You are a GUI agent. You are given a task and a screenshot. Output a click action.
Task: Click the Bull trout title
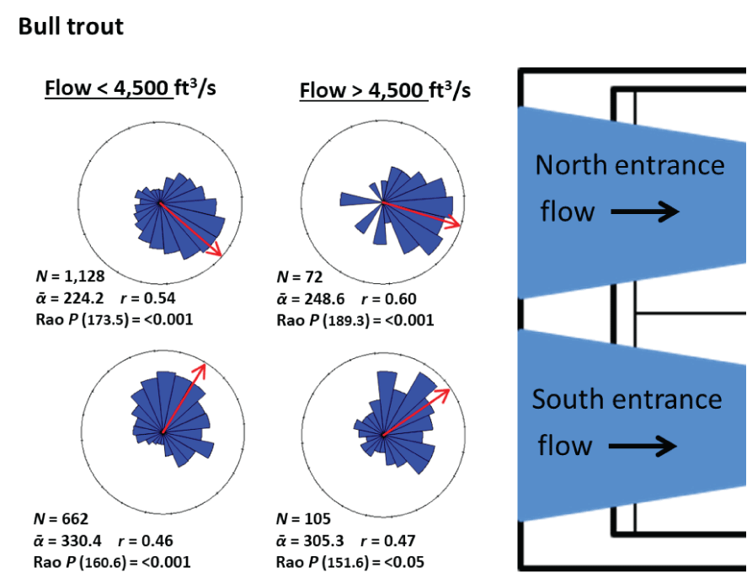[71, 26]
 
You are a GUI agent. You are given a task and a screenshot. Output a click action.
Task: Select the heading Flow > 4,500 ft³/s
[385, 89]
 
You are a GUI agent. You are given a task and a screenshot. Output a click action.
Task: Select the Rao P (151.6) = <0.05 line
[350, 562]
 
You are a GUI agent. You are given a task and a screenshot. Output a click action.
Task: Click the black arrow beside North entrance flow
[644, 212]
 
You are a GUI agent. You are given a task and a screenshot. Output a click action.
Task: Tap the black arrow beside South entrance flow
[643, 445]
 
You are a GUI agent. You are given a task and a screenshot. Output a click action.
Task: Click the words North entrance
[630, 165]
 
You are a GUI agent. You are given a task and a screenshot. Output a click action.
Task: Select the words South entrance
[627, 399]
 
